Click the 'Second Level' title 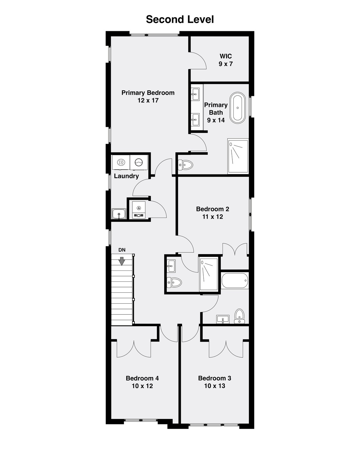point(180,19)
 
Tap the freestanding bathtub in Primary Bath point(238,108)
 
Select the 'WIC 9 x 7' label point(226,60)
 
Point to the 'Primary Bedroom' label point(148,93)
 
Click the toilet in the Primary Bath point(186,165)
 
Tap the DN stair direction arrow point(122,261)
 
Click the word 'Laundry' point(126,176)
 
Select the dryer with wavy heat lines point(121,162)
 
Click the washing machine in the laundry point(139,162)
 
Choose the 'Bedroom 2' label point(213,209)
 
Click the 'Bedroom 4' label point(142,378)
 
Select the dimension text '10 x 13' point(215,386)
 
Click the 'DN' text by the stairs point(122,250)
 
